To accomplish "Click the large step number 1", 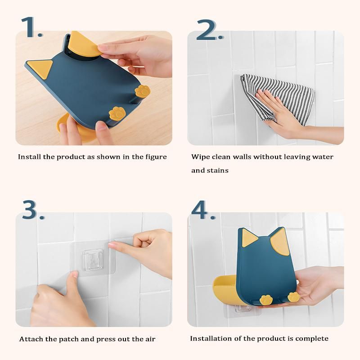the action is [31, 27].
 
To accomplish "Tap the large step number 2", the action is [209, 30].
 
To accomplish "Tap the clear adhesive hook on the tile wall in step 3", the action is [93, 259].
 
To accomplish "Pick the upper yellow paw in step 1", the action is [143, 91].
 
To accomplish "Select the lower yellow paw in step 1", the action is [117, 113].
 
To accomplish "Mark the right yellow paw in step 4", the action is [294, 297].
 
